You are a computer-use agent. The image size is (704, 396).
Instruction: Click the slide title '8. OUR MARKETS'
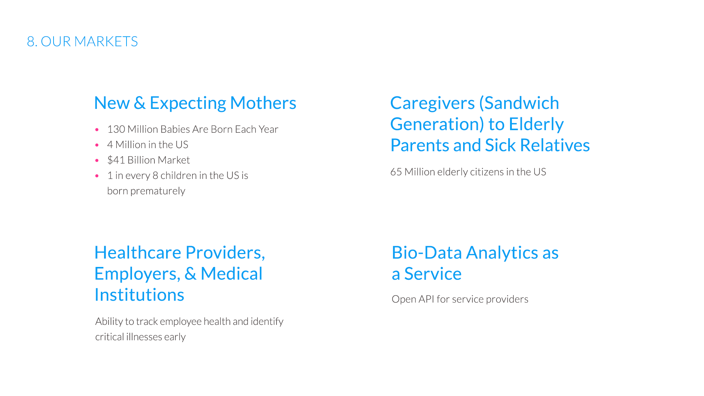[82, 41]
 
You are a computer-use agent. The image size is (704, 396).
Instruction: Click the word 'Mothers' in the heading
[263, 103]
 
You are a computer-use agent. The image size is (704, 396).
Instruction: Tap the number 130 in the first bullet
[116, 129]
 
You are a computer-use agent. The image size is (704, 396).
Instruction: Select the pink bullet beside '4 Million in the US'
[97, 145]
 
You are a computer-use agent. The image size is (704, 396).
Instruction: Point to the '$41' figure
[116, 160]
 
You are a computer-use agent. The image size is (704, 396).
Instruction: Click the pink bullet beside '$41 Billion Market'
[97, 161]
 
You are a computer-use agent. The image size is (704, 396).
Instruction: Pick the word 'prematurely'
[158, 191]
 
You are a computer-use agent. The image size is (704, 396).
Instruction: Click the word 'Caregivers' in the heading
[432, 103]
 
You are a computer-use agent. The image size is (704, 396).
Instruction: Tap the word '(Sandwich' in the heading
[519, 103]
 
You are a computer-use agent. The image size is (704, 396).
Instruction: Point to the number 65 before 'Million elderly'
[396, 172]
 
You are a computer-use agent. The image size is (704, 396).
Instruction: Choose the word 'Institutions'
[139, 295]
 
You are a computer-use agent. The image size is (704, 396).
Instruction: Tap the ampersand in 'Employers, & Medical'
[190, 274]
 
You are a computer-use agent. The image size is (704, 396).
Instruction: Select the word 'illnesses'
[144, 337]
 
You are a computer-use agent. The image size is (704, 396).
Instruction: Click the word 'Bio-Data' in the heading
[427, 253]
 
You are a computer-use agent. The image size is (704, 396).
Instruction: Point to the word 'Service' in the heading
[433, 274]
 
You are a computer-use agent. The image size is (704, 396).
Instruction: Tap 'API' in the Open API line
[426, 299]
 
